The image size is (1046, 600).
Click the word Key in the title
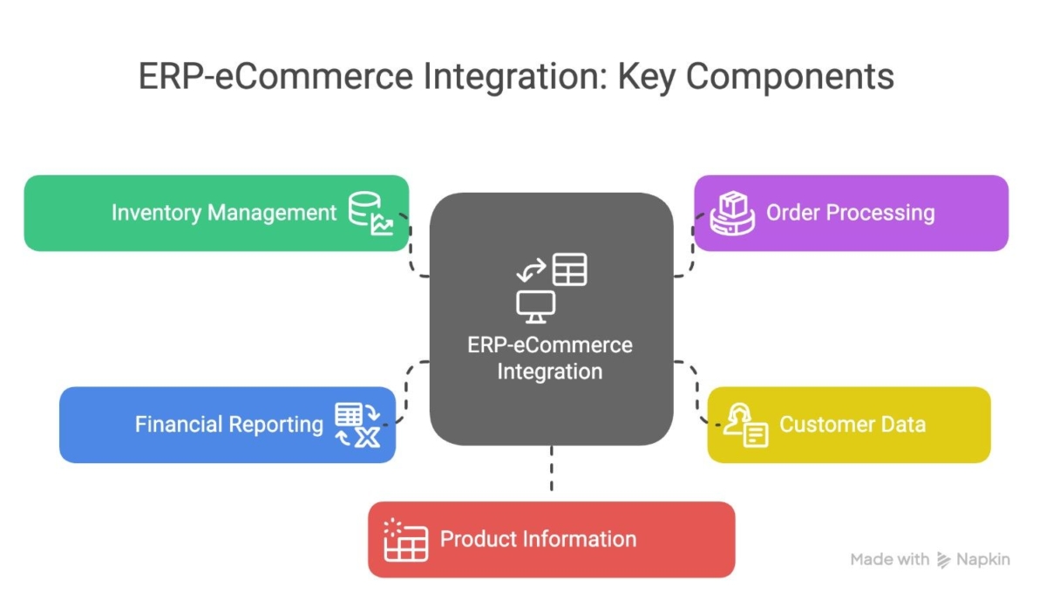[647, 77]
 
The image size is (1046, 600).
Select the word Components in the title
[790, 77]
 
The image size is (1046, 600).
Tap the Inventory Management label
[224, 213]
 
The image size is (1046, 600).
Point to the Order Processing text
[851, 213]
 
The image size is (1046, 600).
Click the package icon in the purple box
[732, 213]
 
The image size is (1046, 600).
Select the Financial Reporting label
[228, 425]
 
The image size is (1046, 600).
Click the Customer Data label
[852, 425]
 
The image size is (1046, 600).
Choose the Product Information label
[538, 539]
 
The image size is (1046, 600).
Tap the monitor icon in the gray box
[535, 307]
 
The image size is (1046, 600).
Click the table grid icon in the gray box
[570, 269]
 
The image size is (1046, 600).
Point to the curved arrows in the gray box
[532, 270]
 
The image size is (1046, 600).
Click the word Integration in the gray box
[550, 372]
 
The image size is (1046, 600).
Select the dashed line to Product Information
[552, 468]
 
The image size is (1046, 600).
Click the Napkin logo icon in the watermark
[943, 560]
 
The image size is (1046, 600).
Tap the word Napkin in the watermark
[983, 559]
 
